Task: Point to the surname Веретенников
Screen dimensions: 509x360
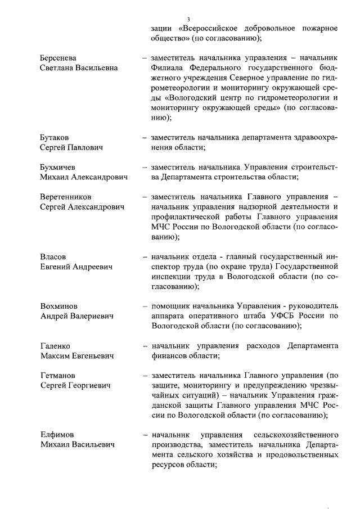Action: point(65,197)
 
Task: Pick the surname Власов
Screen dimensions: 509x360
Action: point(53,256)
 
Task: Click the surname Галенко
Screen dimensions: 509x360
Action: point(55,346)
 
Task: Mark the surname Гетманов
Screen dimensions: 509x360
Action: point(58,376)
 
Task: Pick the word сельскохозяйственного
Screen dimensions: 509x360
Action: point(296,435)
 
